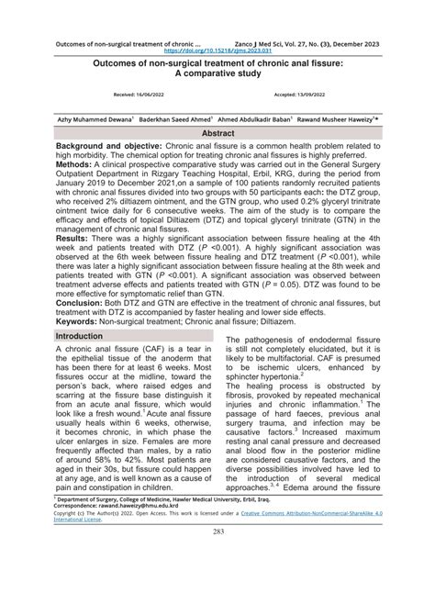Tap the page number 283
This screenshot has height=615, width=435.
tap(218, 583)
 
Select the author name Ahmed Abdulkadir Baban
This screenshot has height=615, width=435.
tap(256, 118)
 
